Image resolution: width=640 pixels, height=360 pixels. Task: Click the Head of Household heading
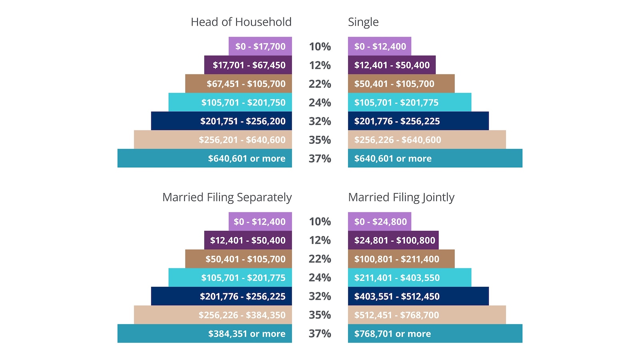tap(241, 22)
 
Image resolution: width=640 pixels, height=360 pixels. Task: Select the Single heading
tap(363, 22)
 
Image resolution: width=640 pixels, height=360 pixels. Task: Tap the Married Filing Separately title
tap(227, 197)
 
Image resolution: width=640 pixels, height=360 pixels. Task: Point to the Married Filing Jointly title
tap(401, 197)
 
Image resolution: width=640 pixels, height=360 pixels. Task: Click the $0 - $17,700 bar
tap(260, 46)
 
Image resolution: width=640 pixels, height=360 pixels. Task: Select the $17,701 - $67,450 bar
tap(248, 65)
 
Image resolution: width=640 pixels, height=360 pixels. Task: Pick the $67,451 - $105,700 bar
tap(239, 84)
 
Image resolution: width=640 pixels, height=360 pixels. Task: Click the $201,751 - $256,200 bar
tap(222, 121)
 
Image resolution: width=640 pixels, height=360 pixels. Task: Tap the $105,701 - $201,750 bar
tap(230, 102)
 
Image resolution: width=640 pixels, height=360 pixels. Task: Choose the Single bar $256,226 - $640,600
tap(426, 140)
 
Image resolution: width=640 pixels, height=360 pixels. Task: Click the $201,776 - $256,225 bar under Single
tap(418, 121)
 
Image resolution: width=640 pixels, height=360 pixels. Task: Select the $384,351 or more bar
tap(205, 334)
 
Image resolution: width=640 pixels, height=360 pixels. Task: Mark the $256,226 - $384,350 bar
tap(213, 315)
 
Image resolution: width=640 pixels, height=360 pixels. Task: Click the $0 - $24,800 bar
tap(380, 222)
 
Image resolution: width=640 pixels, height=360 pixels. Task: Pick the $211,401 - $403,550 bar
tap(409, 278)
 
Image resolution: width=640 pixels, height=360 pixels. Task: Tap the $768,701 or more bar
tap(435, 334)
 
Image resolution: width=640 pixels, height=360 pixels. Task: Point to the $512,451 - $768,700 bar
tap(426, 315)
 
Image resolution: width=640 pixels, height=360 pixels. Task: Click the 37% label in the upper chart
tap(320, 159)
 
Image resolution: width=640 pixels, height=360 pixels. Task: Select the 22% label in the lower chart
tap(320, 259)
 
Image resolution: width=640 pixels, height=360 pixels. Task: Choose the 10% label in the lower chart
tap(320, 222)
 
